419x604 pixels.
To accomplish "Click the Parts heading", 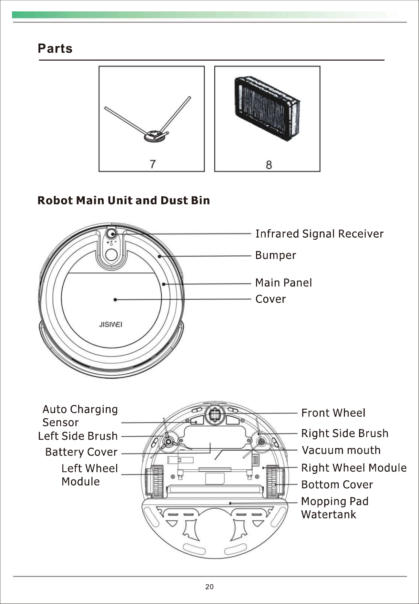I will [x=55, y=49].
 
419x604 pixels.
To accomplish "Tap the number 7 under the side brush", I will [x=153, y=164].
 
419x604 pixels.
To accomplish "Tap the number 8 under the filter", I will [x=269, y=165].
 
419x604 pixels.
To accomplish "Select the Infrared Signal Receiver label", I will [x=319, y=234].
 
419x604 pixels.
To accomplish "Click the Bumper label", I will [x=275, y=256].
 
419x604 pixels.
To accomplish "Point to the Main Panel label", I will [x=283, y=283].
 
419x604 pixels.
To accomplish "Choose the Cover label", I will [x=270, y=299].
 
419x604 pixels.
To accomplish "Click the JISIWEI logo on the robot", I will [x=111, y=324].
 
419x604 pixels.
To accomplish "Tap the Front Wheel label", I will [x=333, y=413].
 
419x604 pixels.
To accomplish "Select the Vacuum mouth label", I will [x=341, y=450].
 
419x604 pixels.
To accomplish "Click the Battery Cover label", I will [x=81, y=452].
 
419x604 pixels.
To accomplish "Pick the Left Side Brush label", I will [x=78, y=436].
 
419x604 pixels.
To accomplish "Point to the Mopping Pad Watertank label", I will [x=334, y=508].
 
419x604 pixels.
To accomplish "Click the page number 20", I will [x=209, y=587].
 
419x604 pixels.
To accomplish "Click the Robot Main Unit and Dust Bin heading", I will [x=123, y=200].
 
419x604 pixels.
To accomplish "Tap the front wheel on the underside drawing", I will [x=215, y=415].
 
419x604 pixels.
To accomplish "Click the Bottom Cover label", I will [x=337, y=485].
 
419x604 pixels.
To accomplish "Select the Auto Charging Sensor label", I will [x=80, y=416].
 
